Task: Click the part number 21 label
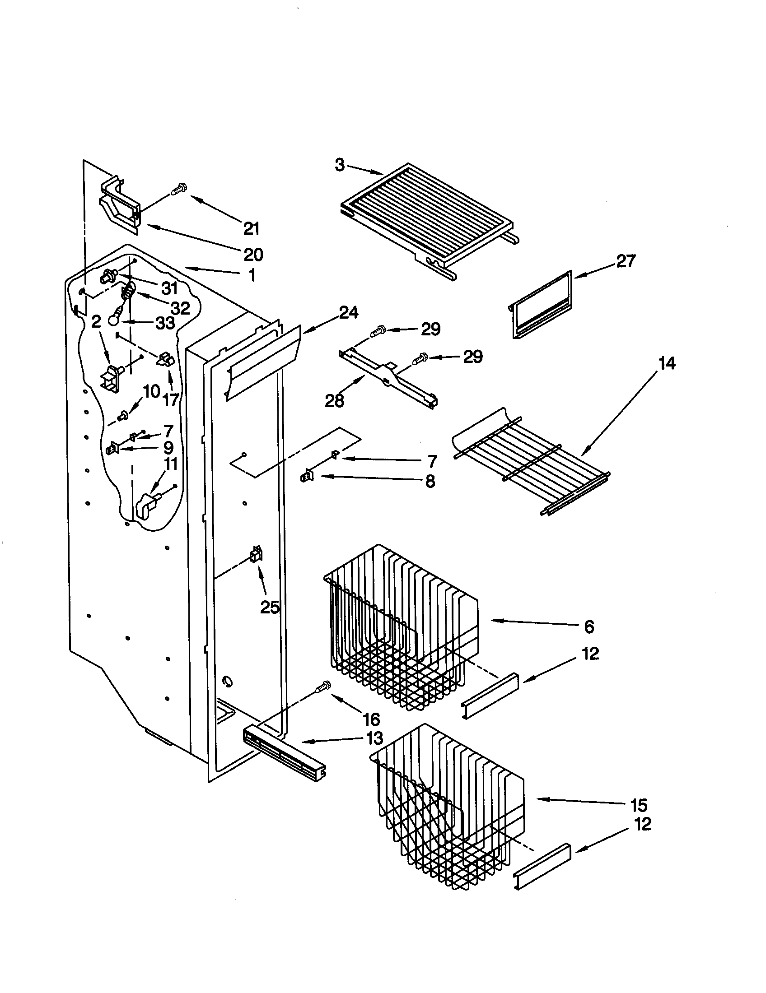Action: [251, 228]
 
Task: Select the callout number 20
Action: [253, 255]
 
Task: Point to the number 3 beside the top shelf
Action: [340, 165]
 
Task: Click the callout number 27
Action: [626, 261]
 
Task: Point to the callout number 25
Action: [270, 607]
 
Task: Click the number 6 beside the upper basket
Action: [589, 627]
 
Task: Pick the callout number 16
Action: [371, 719]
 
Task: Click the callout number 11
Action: [171, 464]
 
